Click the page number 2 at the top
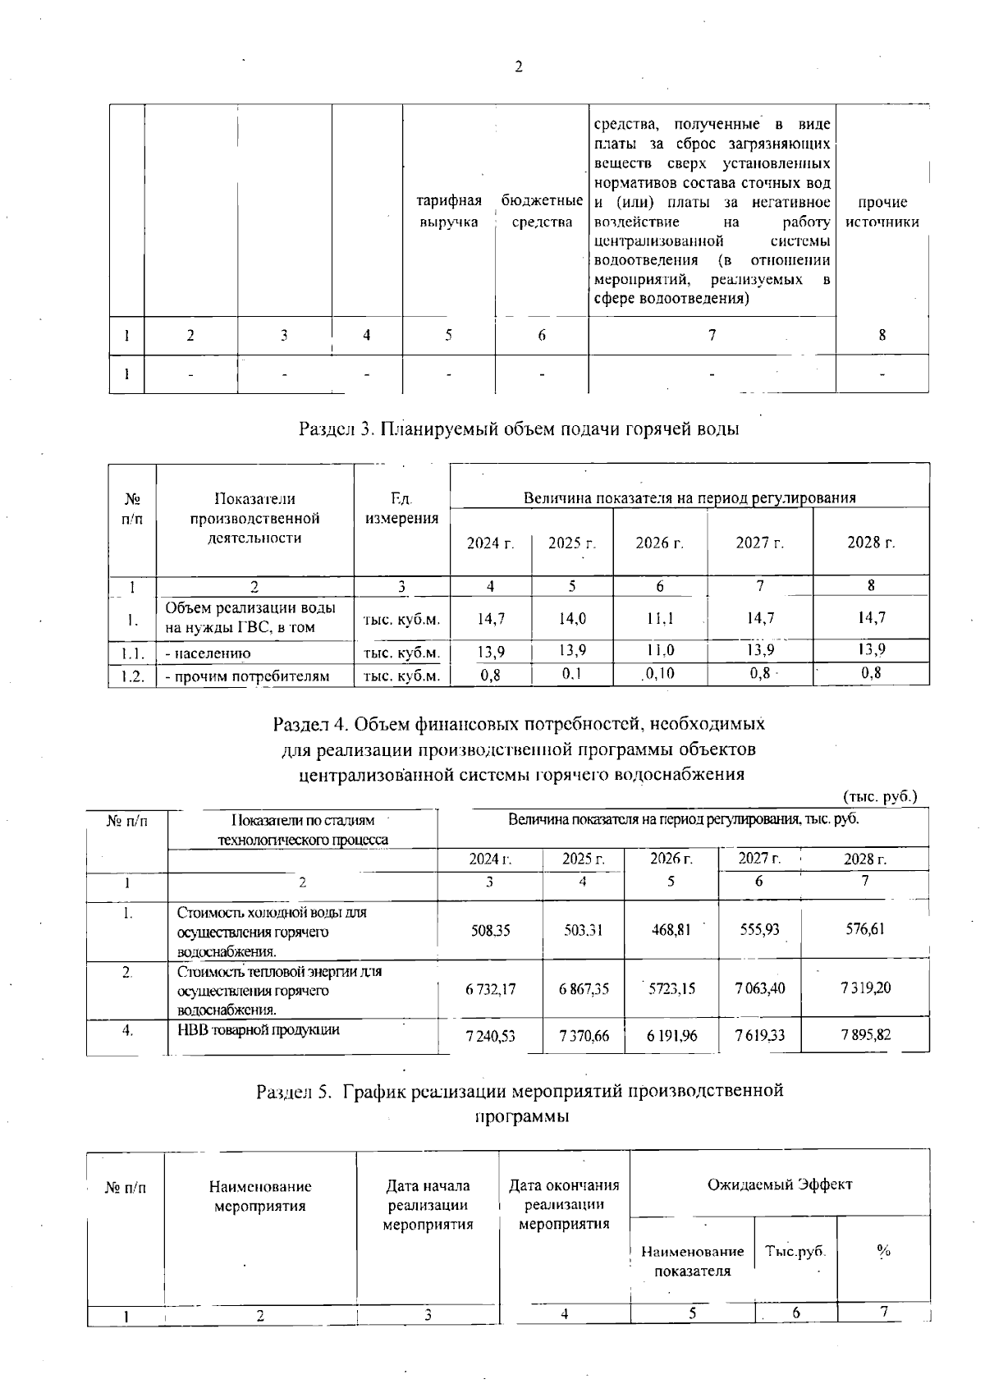[518, 67]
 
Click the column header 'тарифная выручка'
[449, 212]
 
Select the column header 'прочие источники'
[882, 212]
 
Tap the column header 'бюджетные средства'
[542, 212]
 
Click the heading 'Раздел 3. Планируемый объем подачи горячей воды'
[519, 428]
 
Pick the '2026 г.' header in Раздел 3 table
[660, 543]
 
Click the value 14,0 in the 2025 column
[571, 619]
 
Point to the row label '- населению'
[208, 653]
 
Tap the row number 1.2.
[131, 676]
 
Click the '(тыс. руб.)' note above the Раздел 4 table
[880, 796]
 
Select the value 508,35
[490, 930]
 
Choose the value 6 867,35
[584, 989]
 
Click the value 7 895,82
[865, 1035]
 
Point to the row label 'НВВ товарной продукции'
[259, 1029]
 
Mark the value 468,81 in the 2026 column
[671, 930]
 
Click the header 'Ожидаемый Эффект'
[780, 1184]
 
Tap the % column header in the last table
[883, 1251]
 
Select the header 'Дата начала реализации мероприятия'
[428, 1205]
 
